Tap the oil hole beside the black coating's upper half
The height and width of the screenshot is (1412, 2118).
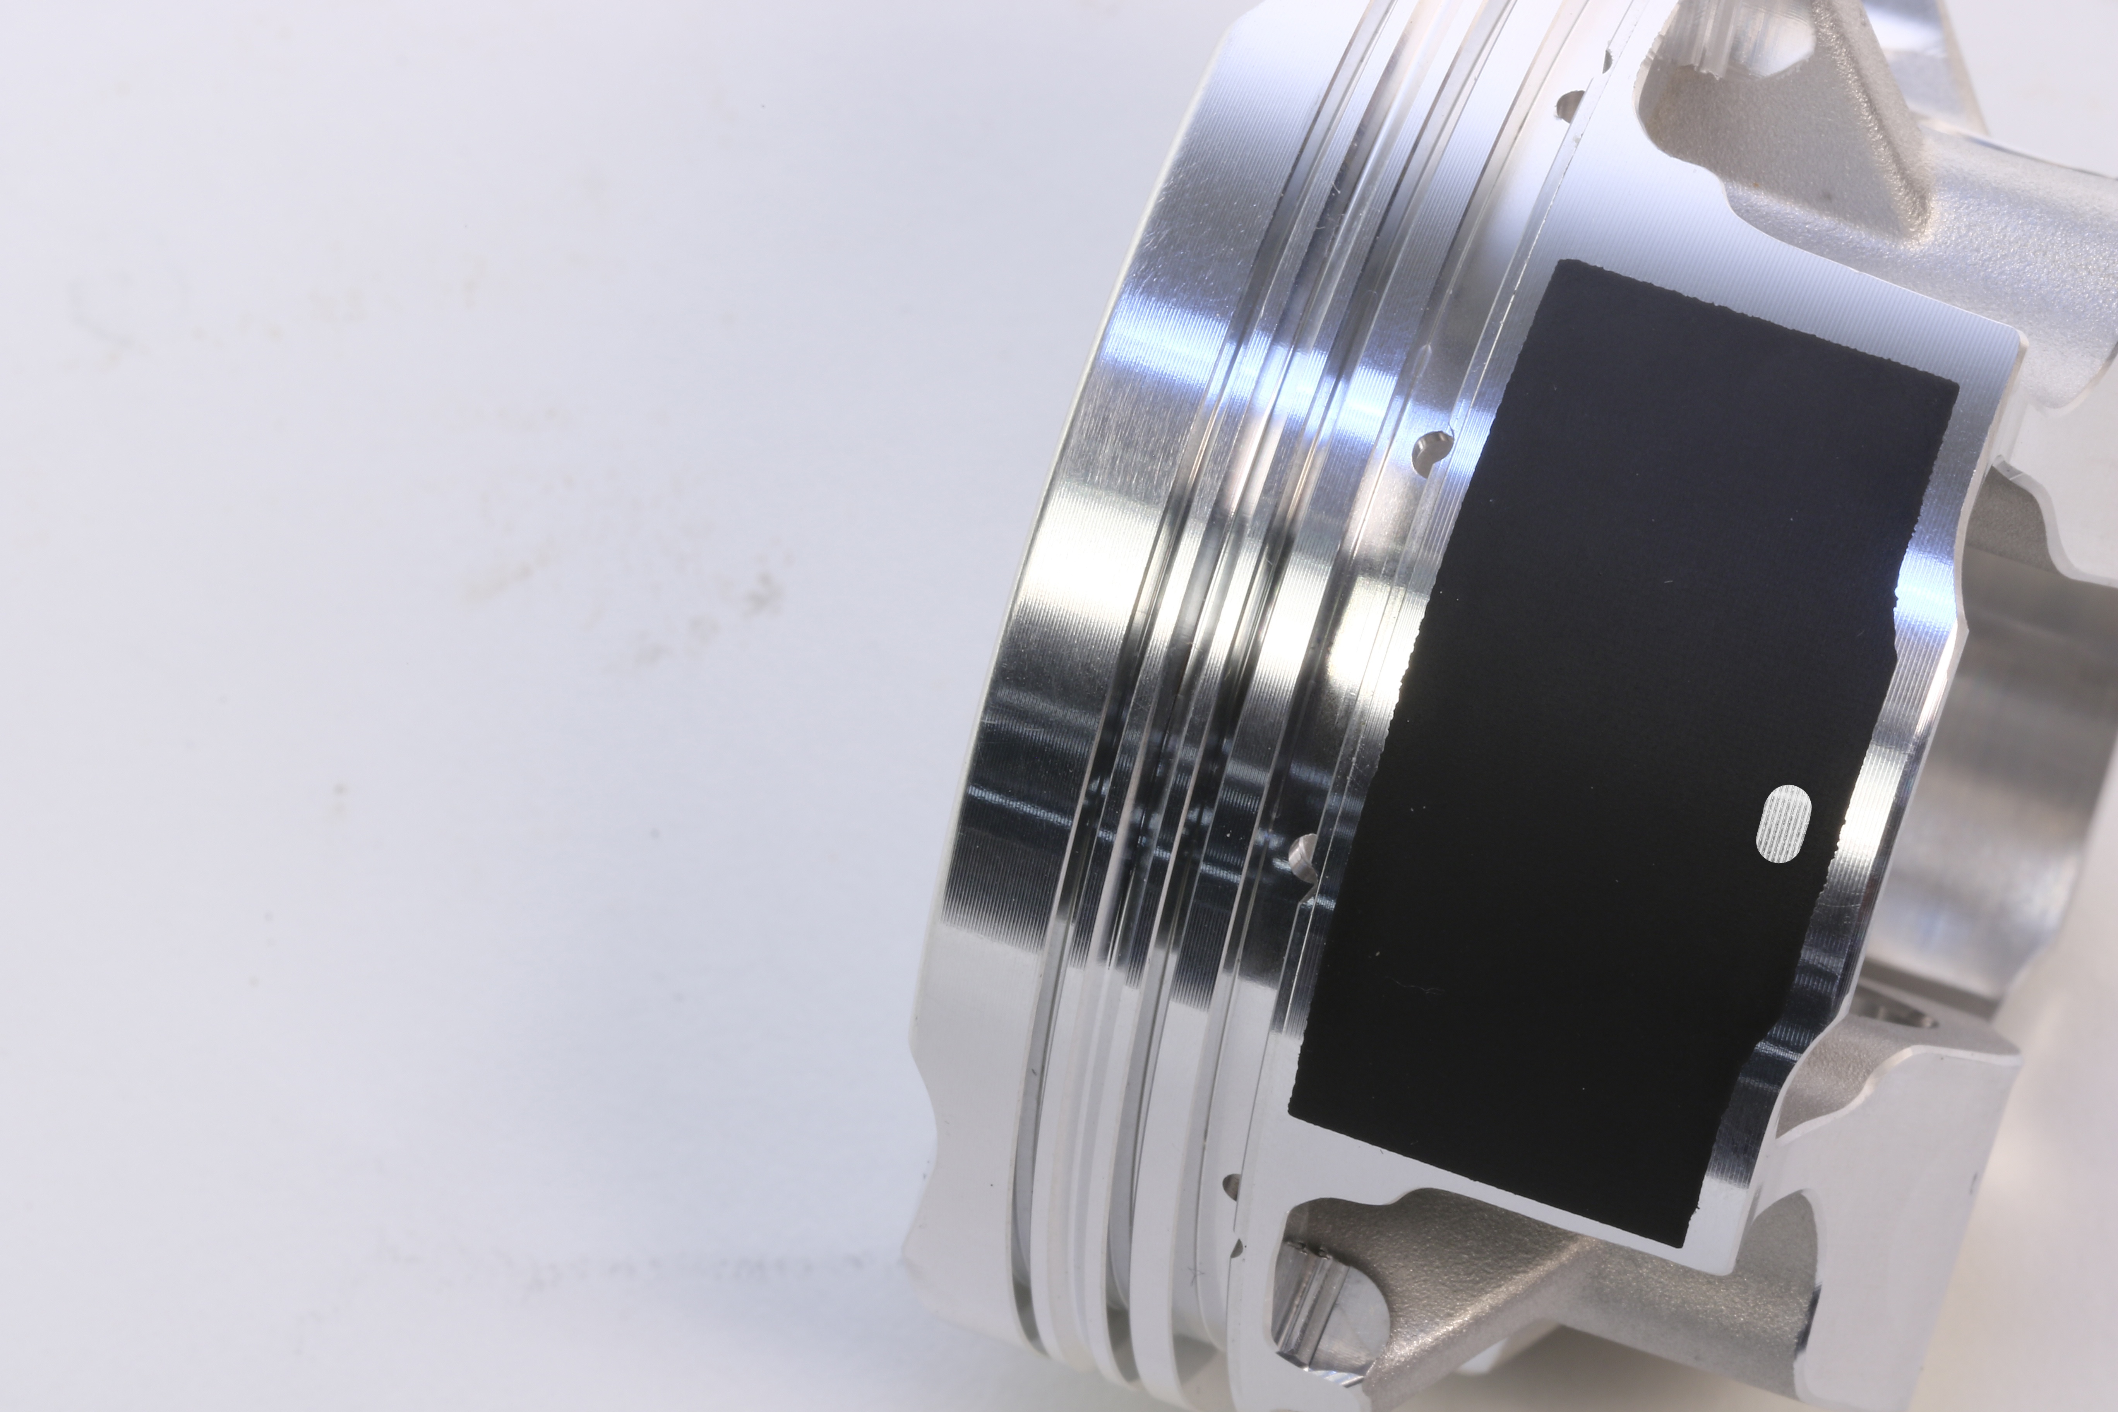pyautogui.click(x=1432, y=450)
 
